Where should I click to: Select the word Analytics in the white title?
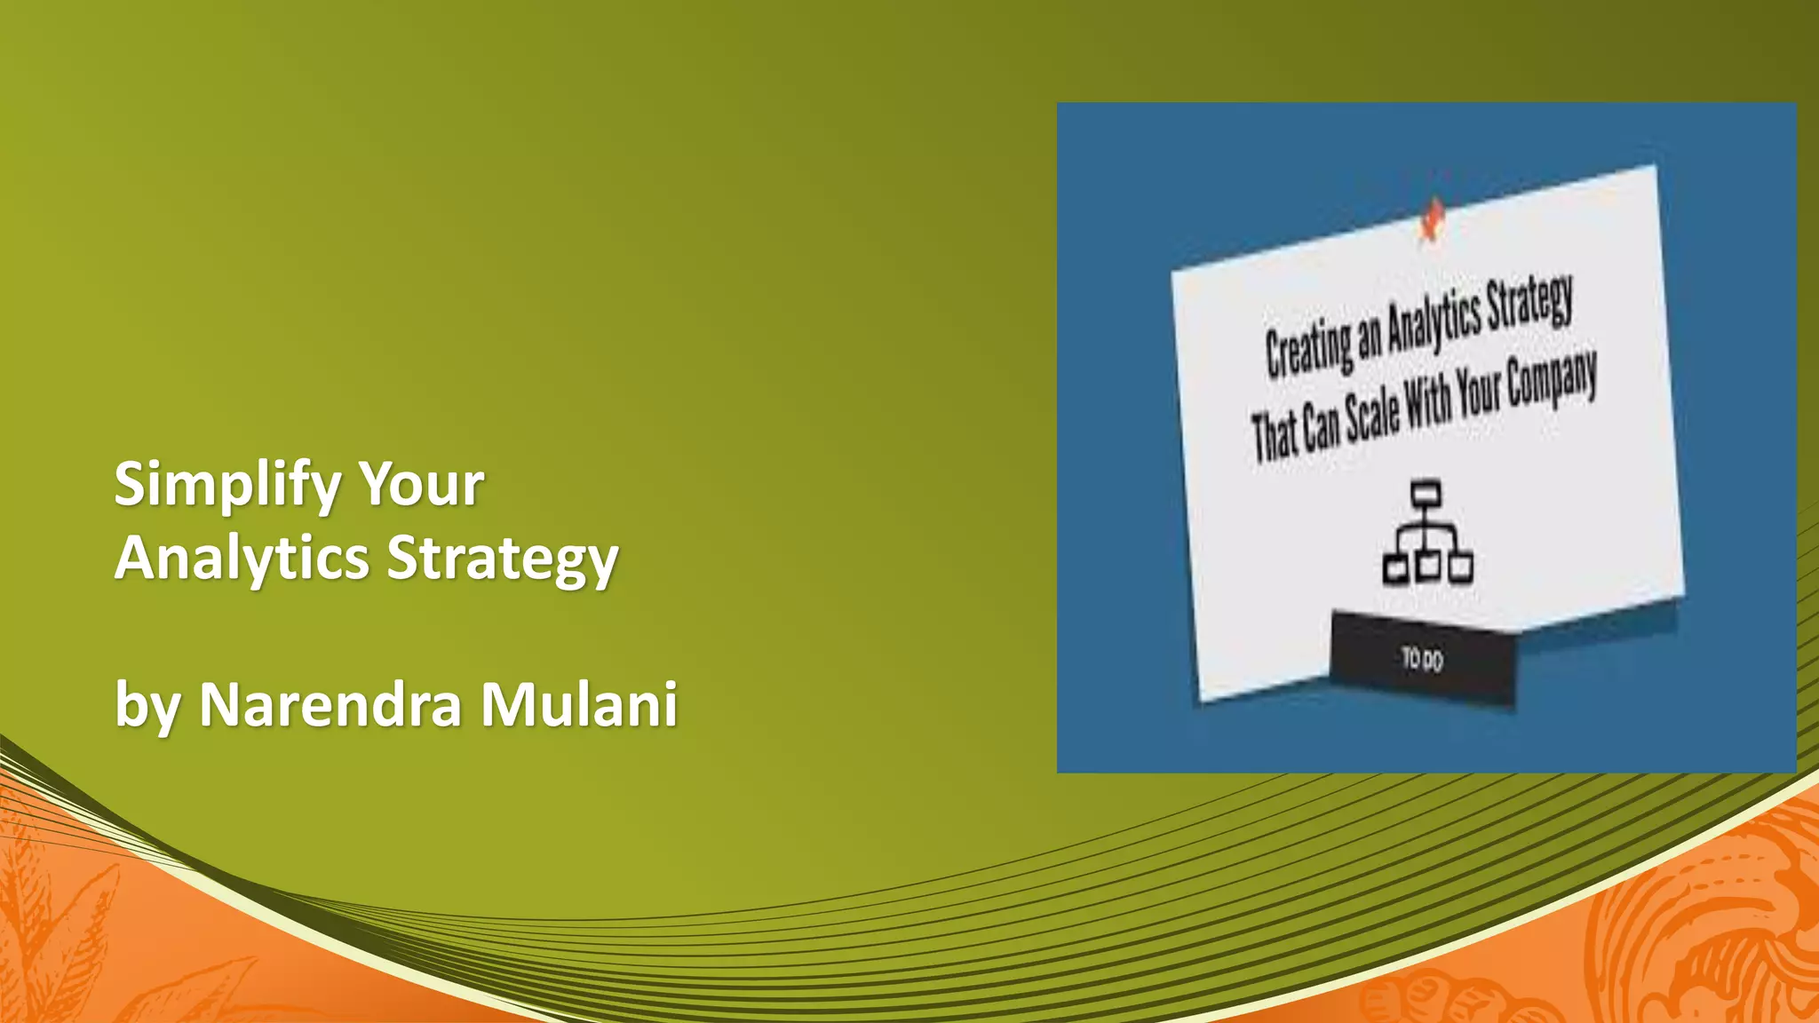click(242, 559)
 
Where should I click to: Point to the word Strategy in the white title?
click(503, 559)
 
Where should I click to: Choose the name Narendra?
click(330, 705)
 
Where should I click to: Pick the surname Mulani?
click(579, 705)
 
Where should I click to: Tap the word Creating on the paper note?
click(1307, 347)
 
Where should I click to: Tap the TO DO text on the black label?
click(1422, 659)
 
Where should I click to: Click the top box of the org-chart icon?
click(1426, 492)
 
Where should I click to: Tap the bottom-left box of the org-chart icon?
click(1395, 569)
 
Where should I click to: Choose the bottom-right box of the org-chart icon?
click(1460, 567)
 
